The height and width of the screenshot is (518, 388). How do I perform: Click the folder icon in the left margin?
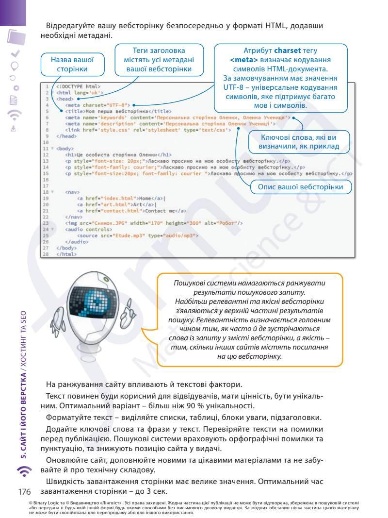point(17,37)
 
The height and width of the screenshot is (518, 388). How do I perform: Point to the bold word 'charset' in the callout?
point(288,50)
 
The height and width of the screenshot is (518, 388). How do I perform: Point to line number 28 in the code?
point(46,254)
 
